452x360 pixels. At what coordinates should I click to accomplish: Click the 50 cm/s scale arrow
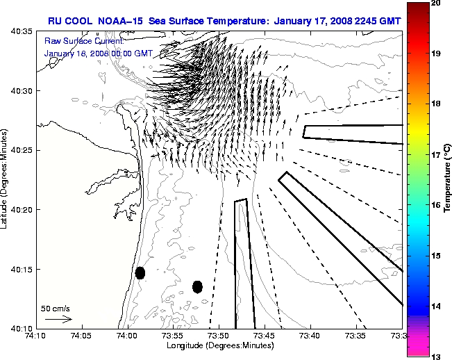59,319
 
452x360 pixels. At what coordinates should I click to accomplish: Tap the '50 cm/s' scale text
56,308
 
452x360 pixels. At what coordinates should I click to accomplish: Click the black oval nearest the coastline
140,272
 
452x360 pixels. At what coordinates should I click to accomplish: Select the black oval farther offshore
197,286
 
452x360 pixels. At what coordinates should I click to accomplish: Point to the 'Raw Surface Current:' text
75,42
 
